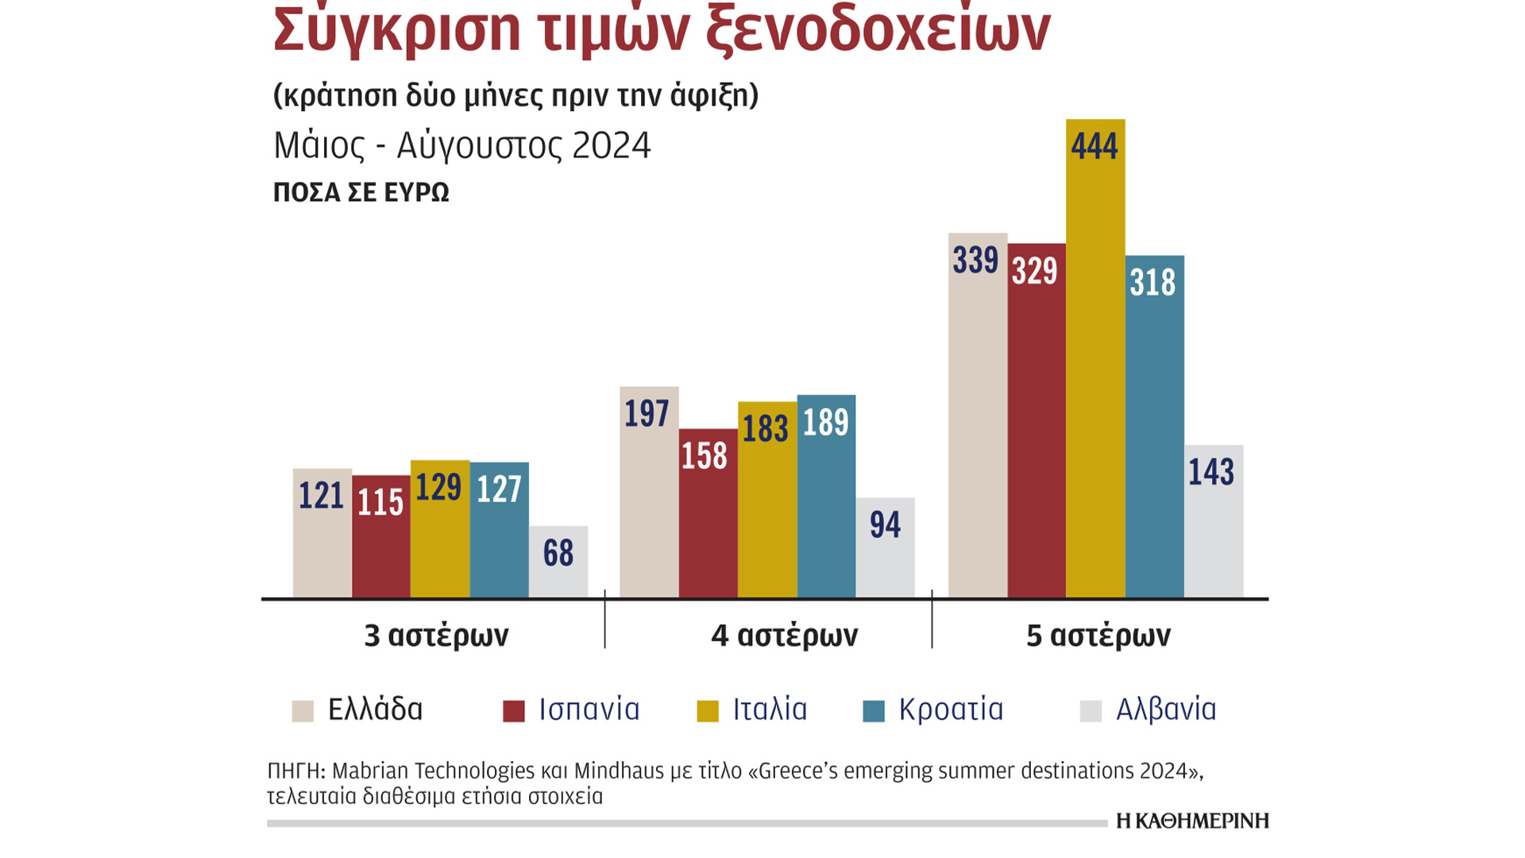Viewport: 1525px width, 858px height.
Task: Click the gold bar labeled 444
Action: point(1095,357)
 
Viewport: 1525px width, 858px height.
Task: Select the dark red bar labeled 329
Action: point(1037,421)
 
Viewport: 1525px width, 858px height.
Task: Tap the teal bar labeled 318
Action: point(1154,429)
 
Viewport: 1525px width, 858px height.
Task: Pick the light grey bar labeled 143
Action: point(1214,524)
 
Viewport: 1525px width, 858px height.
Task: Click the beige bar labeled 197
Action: point(649,493)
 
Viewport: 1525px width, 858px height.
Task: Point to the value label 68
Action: point(558,553)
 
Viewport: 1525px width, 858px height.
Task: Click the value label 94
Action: point(885,525)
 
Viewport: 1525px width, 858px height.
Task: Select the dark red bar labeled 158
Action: point(708,516)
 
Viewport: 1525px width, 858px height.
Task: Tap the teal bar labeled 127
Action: point(499,532)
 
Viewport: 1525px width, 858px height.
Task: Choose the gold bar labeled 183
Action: point(767,500)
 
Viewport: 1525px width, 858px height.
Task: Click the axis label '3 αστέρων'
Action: point(436,636)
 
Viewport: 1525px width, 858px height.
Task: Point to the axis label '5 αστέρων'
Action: point(1098,636)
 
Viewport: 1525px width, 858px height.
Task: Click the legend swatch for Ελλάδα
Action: point(303,711)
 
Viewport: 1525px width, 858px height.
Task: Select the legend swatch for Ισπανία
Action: point(514,711)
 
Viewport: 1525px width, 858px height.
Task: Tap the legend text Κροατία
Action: point(951,709)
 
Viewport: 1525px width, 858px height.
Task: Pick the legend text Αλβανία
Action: point(1166,709)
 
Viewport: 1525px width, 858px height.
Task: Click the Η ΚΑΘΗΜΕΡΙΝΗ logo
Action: point(1192,821)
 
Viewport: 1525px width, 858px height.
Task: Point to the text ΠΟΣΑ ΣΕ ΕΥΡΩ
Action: point(361,192)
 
